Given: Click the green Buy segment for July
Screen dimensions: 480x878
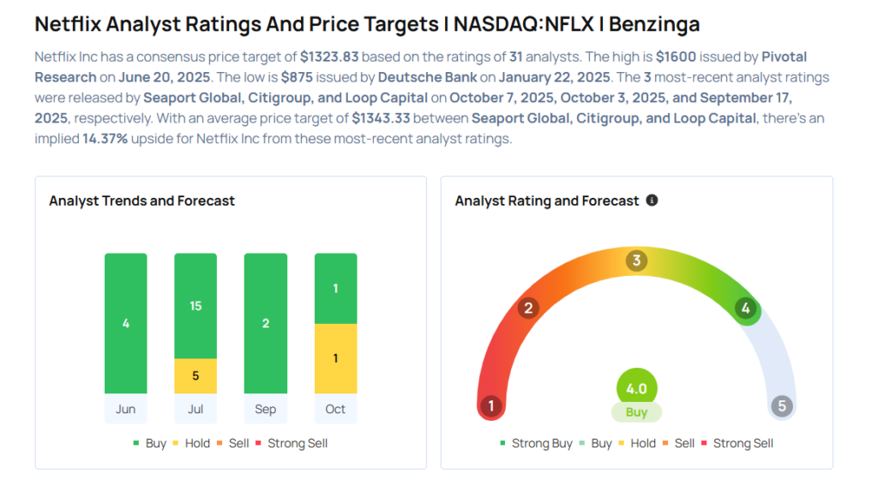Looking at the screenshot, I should [x=195, y=306].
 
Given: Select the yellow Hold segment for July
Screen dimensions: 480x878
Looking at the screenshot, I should [x=195, y=375].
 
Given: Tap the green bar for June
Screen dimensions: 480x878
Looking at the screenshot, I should [x=126, y=323].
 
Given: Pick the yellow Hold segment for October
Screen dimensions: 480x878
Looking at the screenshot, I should [x=335, y=358].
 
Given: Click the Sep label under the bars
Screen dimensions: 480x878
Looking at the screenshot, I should [x=266, y=409].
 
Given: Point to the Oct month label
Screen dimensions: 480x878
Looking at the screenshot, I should [x=335, y=409].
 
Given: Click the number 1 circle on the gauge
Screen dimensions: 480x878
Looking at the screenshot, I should [x=490, y=405].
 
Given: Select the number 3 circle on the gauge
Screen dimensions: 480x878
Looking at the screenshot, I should [x=636, y=261].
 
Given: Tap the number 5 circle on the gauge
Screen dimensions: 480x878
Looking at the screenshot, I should [x=781, y=405].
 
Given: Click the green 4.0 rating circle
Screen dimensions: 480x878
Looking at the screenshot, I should [x=636, y=388].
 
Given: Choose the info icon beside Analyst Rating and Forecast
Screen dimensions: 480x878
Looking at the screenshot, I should [x=652, y=200].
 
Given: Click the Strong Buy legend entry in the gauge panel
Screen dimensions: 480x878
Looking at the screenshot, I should [x=537, y=443].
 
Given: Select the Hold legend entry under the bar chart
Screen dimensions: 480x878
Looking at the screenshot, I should [x=197, y=443].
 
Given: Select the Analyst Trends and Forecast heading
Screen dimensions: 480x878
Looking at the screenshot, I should [x=142, y=201].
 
